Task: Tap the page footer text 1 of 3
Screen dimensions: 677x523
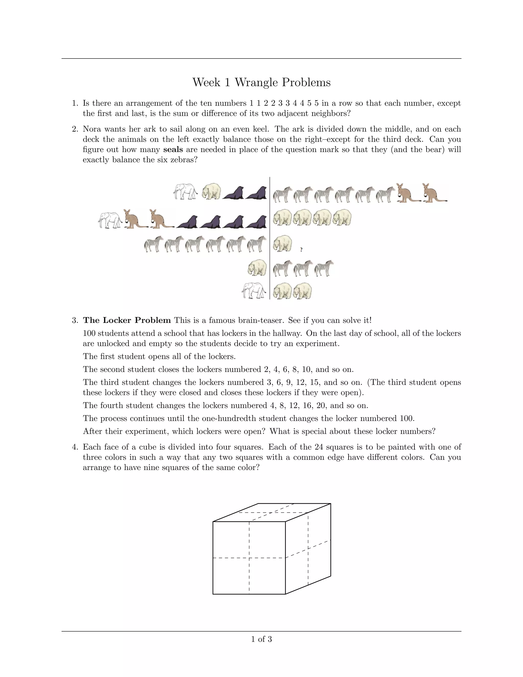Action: tap(261, 639)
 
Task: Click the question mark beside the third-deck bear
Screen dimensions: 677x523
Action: tap(301, 250)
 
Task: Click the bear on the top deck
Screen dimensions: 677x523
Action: tap(211, 191)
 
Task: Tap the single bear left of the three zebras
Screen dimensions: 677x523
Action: tap(257, 267)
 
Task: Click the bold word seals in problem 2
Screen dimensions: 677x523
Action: tap(173, 150)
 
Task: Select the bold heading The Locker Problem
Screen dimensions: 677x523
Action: tap(127, 320)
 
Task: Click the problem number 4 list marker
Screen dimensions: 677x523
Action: tap(75, 447)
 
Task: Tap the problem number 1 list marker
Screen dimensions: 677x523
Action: tap(75, 103)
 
